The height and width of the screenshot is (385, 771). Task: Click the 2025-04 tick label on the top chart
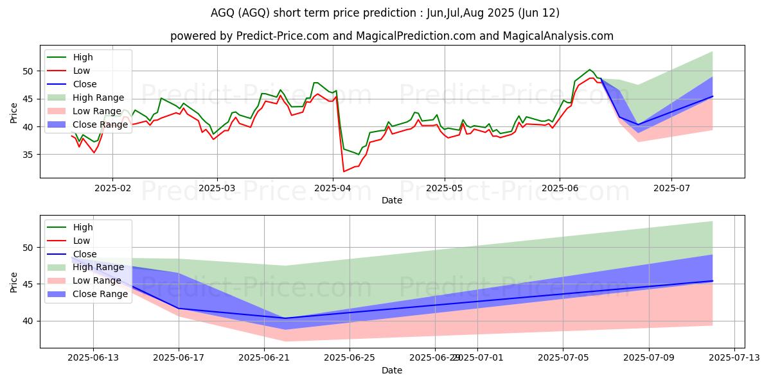[x=333, y=188]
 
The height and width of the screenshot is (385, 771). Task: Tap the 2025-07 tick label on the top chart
[x=671, y=188]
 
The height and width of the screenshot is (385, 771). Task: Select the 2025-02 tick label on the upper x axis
[x=112, y=188]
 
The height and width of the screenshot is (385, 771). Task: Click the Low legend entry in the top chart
[x=82, y=71]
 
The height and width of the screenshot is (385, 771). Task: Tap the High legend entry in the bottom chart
[x=83, y=227]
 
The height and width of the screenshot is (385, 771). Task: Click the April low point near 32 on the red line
[x=344, y=171]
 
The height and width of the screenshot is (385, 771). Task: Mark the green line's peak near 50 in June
[x=589, y=69]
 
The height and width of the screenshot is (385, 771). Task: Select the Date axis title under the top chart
[x=392, y=200]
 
